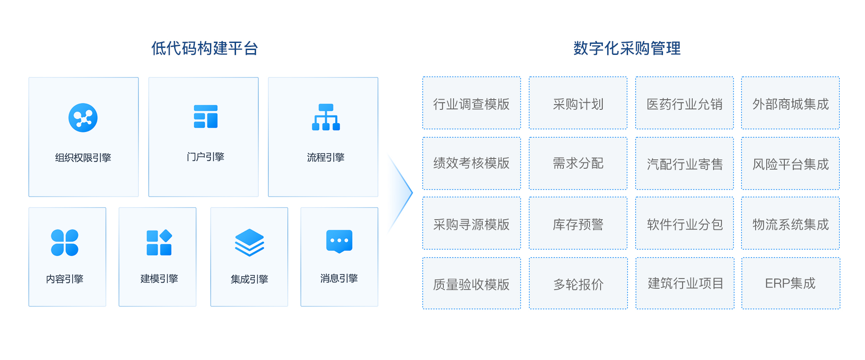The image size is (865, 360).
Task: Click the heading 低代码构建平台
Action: (205, 48)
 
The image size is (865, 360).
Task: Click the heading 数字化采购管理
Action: (627, 48)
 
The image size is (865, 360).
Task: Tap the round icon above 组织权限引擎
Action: (83, 118)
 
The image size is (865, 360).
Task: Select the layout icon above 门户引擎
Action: (206, 117)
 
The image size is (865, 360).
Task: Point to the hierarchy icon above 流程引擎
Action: (326, 117)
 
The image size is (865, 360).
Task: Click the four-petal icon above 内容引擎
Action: (65, 243)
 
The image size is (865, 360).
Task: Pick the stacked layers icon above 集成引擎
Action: (249, 242)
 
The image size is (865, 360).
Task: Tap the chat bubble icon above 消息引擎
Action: (339, 241)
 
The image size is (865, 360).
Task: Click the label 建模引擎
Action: (159, 279)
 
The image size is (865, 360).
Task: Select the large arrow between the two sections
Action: (400, 193)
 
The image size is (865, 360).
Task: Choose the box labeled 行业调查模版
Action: (471, 103)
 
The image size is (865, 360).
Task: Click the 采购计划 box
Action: (578, 103)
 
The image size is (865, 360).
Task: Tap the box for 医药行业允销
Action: (684, 103)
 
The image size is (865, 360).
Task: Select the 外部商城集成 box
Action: (790, 103)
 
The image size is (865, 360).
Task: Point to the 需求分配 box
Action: (578, 163)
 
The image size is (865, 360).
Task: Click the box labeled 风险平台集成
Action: (790, 163)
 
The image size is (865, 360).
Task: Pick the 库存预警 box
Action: (578, 224)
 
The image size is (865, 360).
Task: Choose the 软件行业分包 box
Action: (684, 224)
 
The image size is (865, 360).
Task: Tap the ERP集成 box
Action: (791, 283)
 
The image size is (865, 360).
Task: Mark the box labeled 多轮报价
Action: (578, 283)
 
